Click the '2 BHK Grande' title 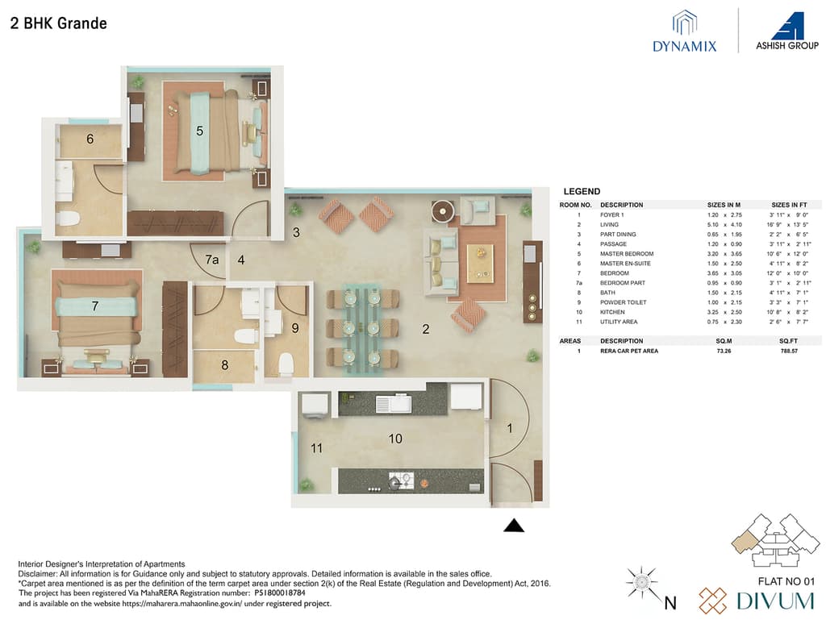[x=58, y=23]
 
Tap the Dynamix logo [x=685, y=32]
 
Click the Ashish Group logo [x=786, y=31]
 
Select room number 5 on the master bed [x=199, y=129]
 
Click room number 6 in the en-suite [x=90, y=139]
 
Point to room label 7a [x=212, y=260]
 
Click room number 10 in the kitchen [x=395, y=439]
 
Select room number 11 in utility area [x=316, y=447]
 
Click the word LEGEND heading [x=581, y=192]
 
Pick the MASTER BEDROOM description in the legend [x=627, y=254]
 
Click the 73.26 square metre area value [x=716, y=352]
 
